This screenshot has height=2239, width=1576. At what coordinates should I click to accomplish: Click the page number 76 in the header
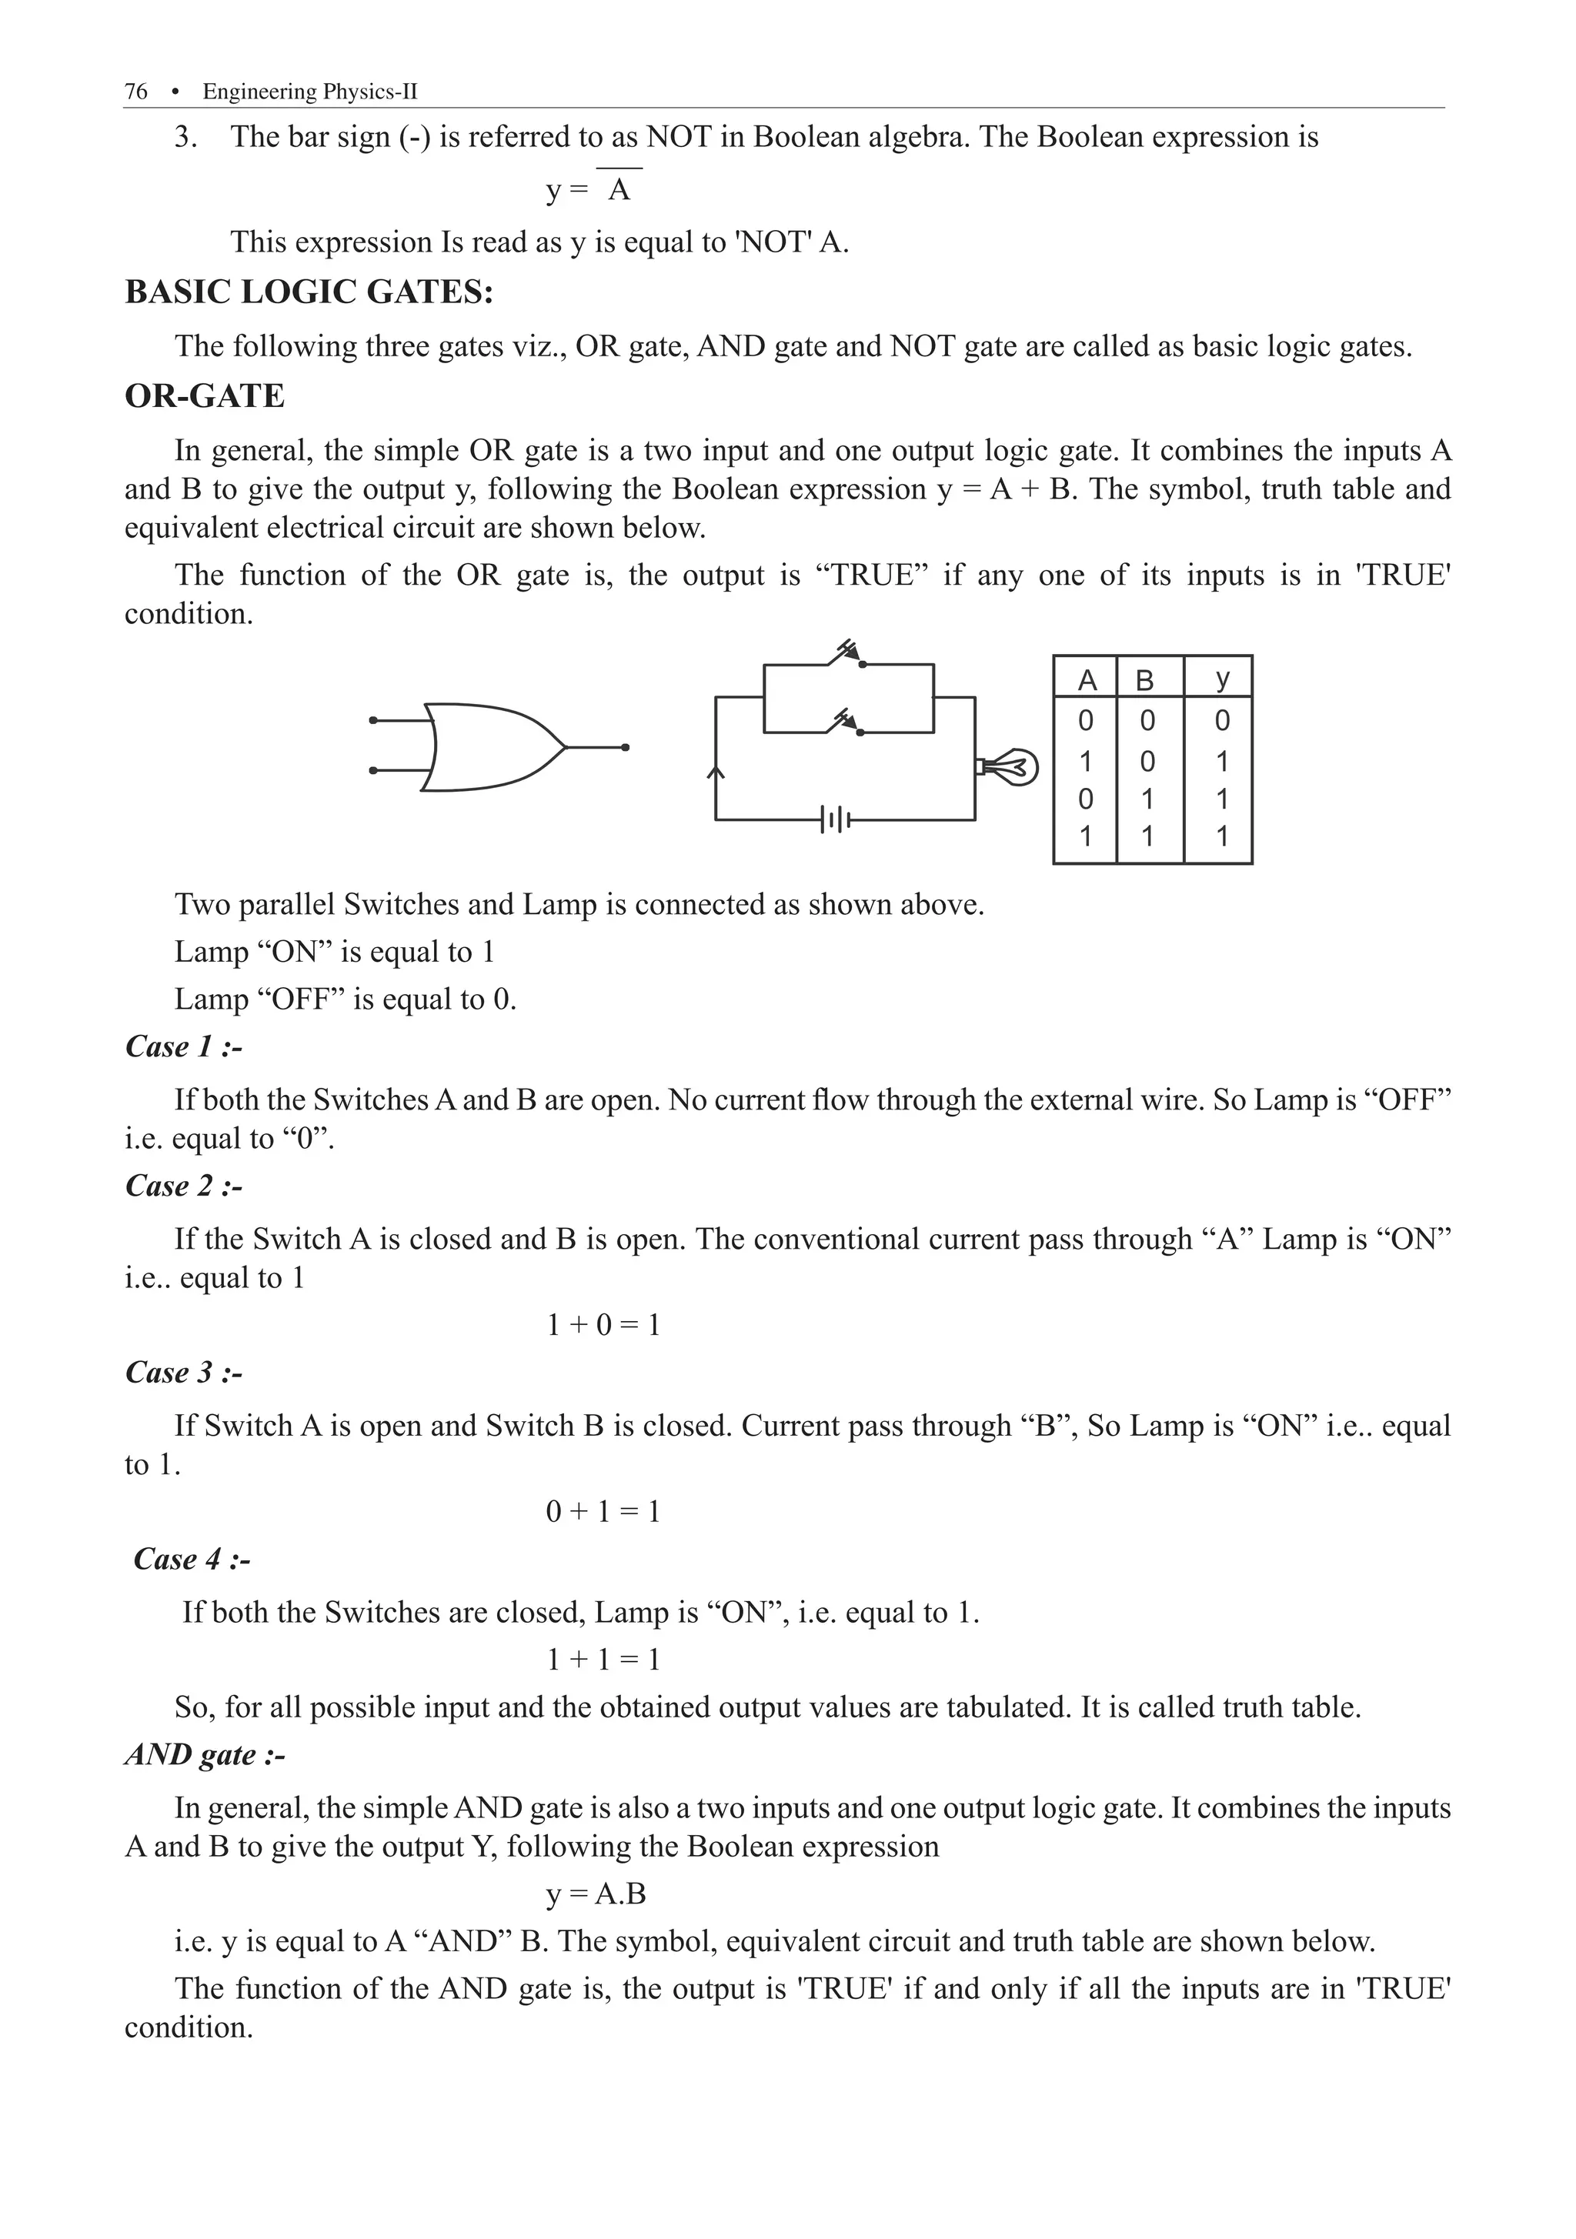135,92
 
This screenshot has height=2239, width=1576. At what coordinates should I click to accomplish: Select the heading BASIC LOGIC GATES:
309,292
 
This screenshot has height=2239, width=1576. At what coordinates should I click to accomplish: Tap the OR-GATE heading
205,396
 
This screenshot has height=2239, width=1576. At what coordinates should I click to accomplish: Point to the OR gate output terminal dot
625,748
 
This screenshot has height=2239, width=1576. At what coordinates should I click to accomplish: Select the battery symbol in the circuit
836,820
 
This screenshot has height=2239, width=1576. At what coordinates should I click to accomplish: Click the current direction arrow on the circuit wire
716,773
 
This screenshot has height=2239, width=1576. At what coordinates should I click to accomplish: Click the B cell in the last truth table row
1147,836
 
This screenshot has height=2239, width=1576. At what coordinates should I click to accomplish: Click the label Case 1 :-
183,1046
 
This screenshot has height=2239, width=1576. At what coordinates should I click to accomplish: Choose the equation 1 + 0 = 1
603,1324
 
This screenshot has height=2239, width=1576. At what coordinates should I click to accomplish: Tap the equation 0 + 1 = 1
603,1512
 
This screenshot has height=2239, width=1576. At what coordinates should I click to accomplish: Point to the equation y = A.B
596,1894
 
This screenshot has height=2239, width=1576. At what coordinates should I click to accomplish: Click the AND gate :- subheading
205,1754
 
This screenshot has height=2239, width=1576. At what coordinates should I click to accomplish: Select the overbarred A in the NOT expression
619,189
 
